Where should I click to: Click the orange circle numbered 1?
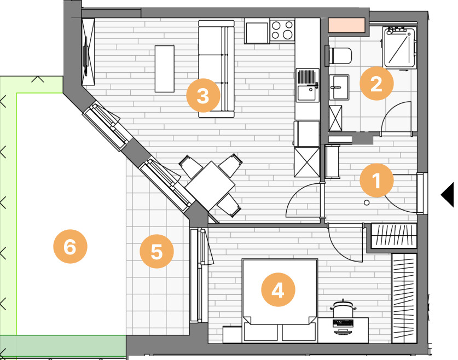pyautogui.click(x=376, y=180)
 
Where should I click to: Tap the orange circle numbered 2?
pyautogui.click(x=376, y=83)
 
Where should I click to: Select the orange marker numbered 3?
pyautogui.click(x=204, y=96)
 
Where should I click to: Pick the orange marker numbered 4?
pyautogui.click(x=278, y=289)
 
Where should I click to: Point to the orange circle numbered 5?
pyautogui.click(x=156, y=251)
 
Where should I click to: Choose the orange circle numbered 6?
pyautogui.click(x=70, y=246)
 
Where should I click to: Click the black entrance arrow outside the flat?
pyautogui.click(x=448, y=195)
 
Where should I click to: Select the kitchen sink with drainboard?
pyautogui.click(x=308, y=85)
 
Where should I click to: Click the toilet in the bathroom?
pyautogui.click(x=339, y=55)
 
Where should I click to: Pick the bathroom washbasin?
pyautogui.click(x=339, y=88)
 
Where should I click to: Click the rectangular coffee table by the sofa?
pyautogui.click(x=165, y=69)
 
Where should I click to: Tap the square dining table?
pyautogui.click(x=210, y=185)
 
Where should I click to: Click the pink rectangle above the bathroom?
pyautogui.click(x=347, y=25)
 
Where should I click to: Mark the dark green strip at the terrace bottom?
pyautogui.click(x=63, y=346)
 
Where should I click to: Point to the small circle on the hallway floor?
pyautogui.click(x=367, y=202)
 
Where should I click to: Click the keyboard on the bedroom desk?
pyautogui.click(x=343, y=323)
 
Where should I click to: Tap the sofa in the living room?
pyautogui.click(x=217, y=69)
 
